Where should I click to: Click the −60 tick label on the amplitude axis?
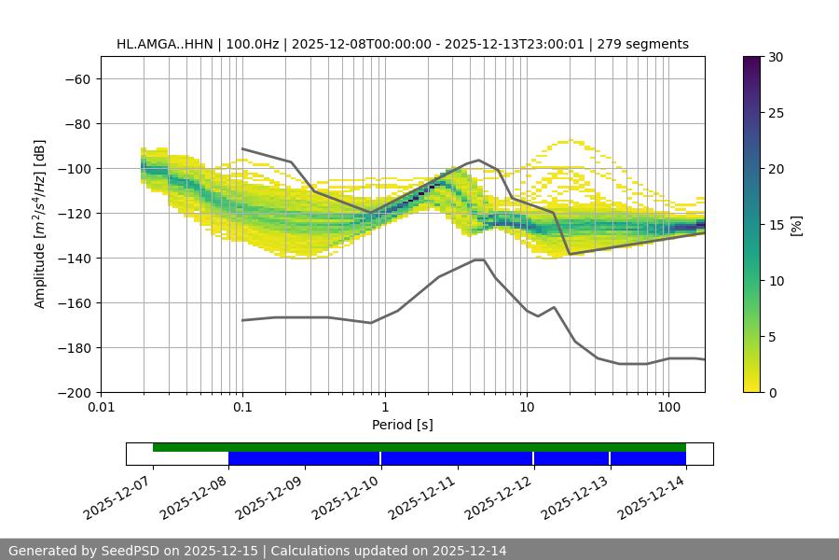76,79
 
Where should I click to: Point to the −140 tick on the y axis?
76,259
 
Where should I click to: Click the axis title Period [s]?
402,426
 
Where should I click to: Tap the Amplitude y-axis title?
40,224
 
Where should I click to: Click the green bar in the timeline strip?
419,447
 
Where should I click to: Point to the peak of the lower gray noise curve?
479,259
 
